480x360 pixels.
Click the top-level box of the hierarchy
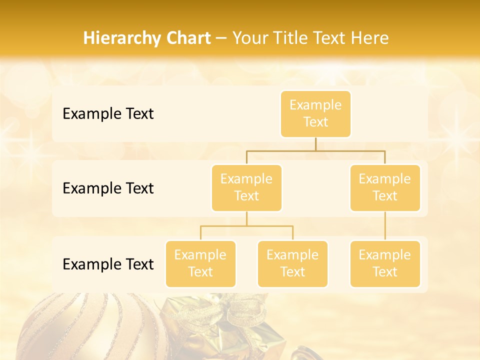[x=315, y=114]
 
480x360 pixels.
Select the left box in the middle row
[x=246, y=188]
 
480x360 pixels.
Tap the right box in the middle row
[x=385, y=188]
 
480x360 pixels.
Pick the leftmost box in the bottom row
[x=200, y=264]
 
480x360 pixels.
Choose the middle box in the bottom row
[x=292, y=264]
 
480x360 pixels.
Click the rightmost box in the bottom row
[x=385, y=264]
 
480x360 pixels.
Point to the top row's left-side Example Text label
[x=108, y=114]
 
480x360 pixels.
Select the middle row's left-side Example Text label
[x=108, y=188]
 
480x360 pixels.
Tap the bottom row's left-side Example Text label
[x=108, y=264]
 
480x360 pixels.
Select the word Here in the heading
[x=369, y=38]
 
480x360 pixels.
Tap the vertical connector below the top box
[x=315, y=144]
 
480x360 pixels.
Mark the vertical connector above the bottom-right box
[x=385, y=226]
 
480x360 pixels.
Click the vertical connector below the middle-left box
[x=246, y=218]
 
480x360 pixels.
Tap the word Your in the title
[x=250, y=38]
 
